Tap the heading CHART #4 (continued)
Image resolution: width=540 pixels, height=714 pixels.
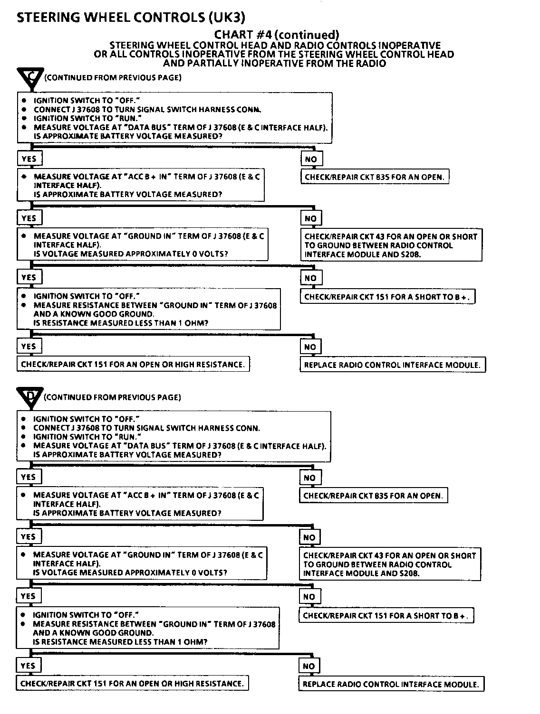(277, 34)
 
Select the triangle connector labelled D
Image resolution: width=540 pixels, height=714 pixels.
(29, 397)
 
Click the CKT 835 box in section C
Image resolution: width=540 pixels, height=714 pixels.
(375, 177)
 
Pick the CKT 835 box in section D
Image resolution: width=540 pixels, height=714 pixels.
(373, 496)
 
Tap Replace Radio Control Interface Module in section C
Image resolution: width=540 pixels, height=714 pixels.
(392, 365)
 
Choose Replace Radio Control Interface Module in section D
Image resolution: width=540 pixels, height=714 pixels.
(391, 684)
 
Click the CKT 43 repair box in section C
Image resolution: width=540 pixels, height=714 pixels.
(391, 245)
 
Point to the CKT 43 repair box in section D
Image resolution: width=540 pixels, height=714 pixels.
(389, 564)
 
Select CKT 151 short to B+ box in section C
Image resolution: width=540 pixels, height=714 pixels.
(387, 297)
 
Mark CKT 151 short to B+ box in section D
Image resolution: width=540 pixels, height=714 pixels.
(386, 616)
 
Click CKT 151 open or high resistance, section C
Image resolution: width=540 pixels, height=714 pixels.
(133, 365)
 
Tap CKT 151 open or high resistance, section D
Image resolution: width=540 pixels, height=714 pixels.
(132, 684)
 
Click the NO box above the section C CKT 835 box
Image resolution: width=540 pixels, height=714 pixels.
(311, 159)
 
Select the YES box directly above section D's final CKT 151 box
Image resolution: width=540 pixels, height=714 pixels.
(28, 666)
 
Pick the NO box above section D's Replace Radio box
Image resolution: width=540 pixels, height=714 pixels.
(309, 666)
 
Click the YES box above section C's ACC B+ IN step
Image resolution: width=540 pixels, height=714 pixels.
(29, 159)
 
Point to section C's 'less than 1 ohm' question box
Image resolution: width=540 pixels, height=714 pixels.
(148, 310)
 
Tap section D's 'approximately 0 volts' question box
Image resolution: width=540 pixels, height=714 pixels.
(141, 564)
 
